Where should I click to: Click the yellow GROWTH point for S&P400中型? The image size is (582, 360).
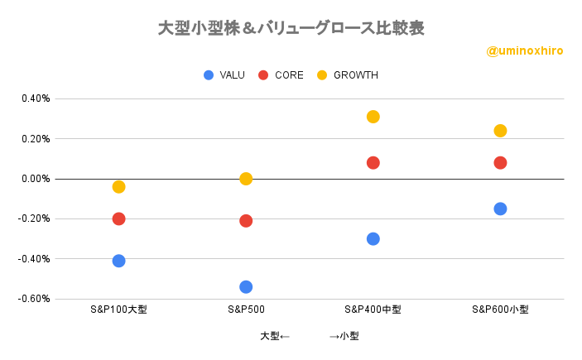pos(373,117)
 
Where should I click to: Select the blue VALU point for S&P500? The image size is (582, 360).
pos(246,287)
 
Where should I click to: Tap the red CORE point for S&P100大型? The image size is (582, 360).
pos(118,218)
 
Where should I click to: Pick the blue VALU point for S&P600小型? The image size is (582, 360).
pos(500,209)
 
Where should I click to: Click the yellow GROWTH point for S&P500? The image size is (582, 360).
pos(246,179)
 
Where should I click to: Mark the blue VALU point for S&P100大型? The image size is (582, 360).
pos(118,261)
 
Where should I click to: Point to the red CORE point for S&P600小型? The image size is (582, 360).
pos(500,162)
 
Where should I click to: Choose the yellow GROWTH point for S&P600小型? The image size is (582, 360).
pos(500,131)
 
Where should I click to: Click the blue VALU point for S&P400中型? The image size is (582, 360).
pos(373,239)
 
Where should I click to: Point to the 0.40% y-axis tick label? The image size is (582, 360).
pos(36,98)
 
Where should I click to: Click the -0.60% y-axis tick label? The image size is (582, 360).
pos(34,299)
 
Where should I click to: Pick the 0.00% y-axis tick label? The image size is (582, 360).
pos(36,179)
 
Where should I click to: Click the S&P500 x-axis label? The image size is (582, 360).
pos(246,310)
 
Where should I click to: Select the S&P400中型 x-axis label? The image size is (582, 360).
pos(373,310)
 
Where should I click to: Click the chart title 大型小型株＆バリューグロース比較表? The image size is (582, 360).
pos(291,27)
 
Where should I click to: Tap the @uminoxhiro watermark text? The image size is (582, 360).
pos(525,50)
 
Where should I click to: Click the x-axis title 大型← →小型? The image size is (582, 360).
pos(309,336)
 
